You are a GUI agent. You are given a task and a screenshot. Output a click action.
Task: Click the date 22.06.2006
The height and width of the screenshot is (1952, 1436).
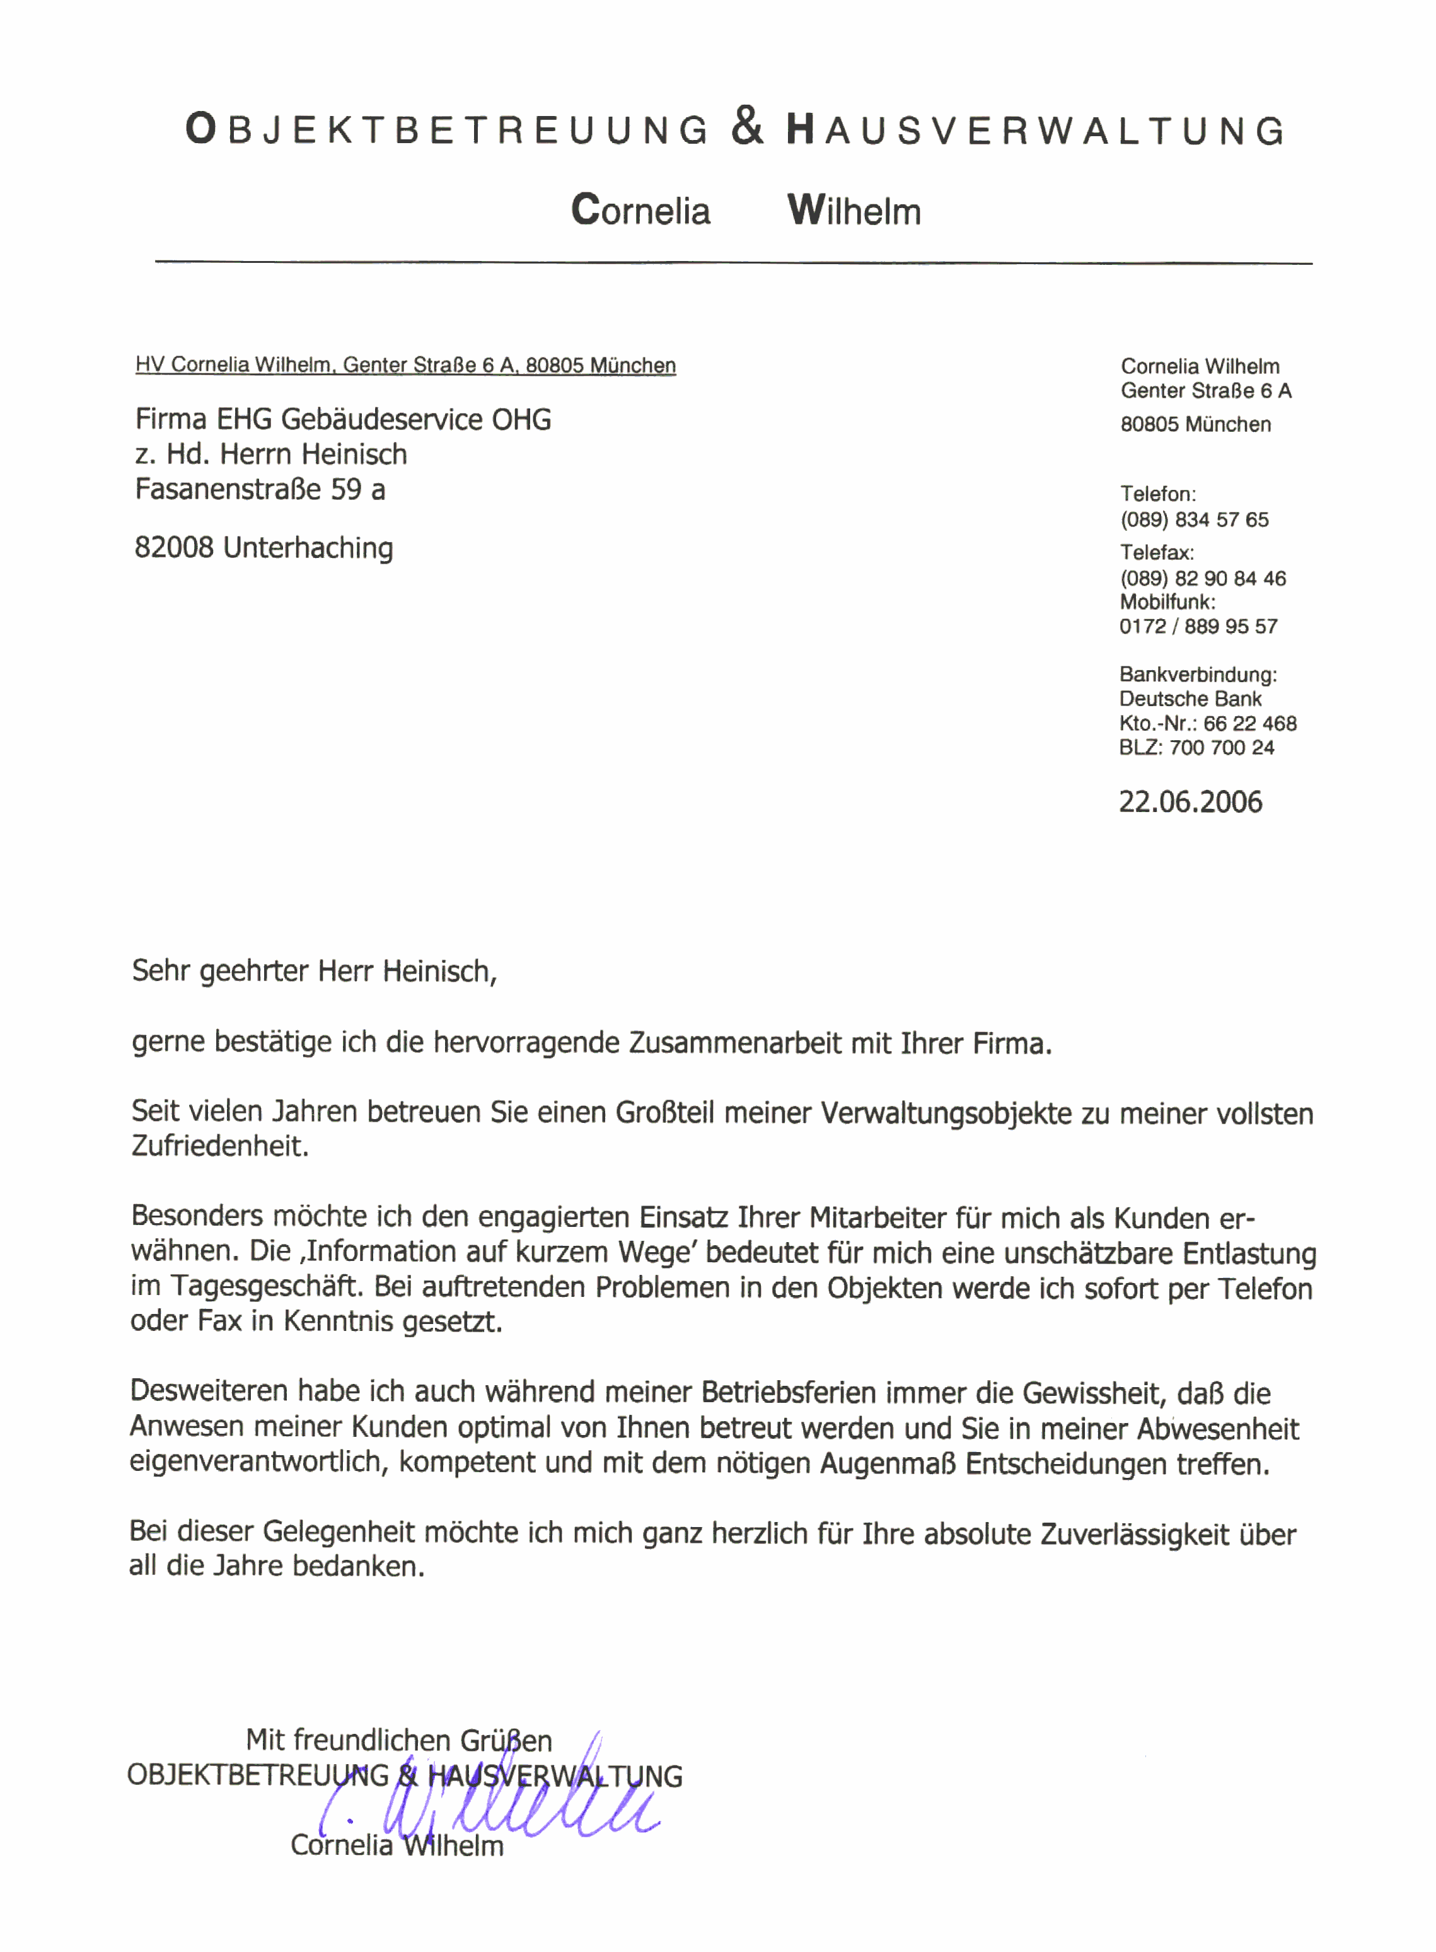1190,801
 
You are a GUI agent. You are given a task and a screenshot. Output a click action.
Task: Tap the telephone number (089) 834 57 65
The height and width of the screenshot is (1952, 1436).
1195,520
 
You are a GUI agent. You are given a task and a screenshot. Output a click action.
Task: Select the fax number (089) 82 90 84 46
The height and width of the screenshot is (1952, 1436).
1202,578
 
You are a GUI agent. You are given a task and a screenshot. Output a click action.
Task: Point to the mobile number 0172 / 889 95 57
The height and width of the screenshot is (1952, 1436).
1198,626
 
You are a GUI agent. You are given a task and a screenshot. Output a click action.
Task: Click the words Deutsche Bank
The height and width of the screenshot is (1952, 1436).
1190,699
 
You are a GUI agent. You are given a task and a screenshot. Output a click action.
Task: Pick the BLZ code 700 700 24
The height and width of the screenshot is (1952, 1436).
1221,748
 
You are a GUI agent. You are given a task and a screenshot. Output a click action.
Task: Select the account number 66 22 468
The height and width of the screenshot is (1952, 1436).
1249,723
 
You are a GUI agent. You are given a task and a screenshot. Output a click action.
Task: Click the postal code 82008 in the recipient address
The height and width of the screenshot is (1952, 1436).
174,548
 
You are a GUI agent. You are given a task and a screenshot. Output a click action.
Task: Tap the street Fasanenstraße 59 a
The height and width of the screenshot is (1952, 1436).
260,489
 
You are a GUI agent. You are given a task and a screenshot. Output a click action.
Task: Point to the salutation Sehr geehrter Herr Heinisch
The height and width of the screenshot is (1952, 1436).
314,971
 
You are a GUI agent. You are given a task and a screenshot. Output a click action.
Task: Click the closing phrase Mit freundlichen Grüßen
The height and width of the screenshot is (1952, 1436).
399,1741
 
